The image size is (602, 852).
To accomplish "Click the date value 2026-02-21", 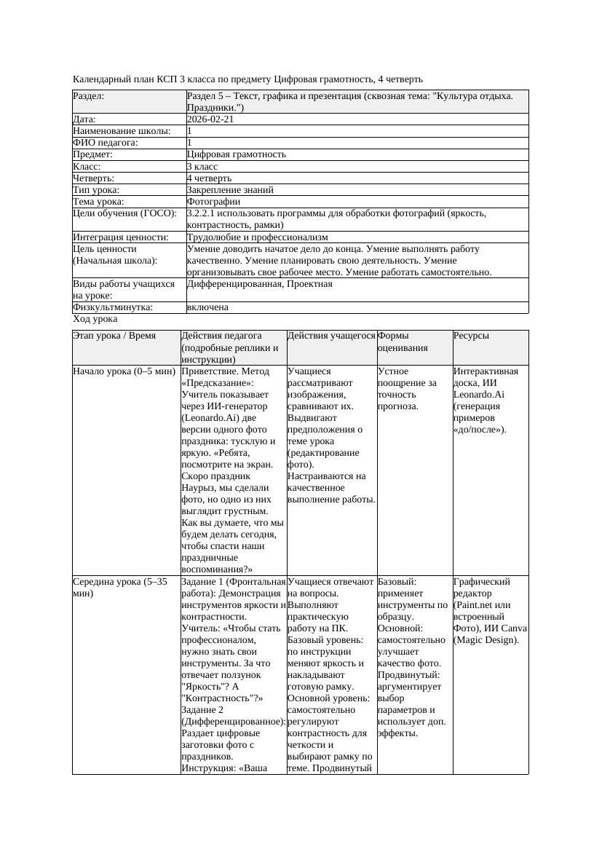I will click(210, 119).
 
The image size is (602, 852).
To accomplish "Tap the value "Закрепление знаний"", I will click(230, 190).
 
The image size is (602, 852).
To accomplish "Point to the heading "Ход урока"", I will click(95, 319).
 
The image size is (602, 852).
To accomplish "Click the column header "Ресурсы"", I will click(471, 336).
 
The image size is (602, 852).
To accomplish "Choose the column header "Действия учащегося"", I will click(331, 336).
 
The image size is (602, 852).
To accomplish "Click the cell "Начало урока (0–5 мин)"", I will click(124, 371).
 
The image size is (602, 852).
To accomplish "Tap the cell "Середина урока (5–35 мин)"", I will click(120, 588).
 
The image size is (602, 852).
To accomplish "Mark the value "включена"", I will click(207, 307).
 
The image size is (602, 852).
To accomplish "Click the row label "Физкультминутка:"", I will click(113, 307).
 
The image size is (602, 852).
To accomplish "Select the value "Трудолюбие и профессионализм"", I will click(257, 237).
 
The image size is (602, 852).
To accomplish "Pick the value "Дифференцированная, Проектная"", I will click(260, 284).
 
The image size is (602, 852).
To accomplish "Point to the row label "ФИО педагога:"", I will click(106, 143).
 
